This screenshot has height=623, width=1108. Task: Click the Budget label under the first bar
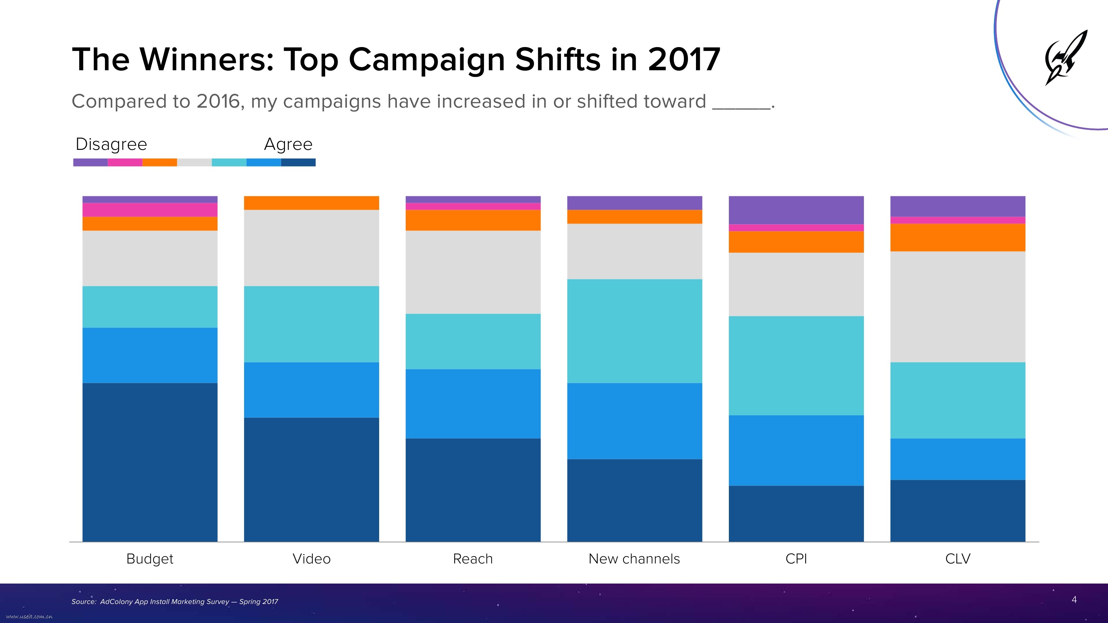[150, 559]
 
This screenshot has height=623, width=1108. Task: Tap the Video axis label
[311, 559]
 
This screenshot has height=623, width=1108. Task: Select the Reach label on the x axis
[473, 559]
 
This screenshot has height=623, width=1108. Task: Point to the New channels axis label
[634, 559]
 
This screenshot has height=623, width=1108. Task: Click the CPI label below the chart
[796, 559]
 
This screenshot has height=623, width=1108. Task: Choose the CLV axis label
[957, 559]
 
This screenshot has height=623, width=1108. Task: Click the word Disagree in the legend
[111, 144]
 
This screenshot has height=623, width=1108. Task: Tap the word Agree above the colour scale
[288, 144]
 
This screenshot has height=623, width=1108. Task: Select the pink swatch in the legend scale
[125, 162]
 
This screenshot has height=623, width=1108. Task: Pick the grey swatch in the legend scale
[194, 162]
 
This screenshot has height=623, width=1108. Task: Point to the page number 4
[1074, 599]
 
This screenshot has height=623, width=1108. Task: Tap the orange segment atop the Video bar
[311, 202]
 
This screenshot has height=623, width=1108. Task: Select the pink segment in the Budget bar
[150, 210]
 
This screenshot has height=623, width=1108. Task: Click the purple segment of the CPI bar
[796, 210]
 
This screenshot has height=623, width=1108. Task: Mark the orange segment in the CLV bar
[957, 237]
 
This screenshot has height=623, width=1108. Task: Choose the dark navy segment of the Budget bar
[150, 462]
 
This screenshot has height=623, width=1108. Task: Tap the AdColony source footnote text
[175, 602]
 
